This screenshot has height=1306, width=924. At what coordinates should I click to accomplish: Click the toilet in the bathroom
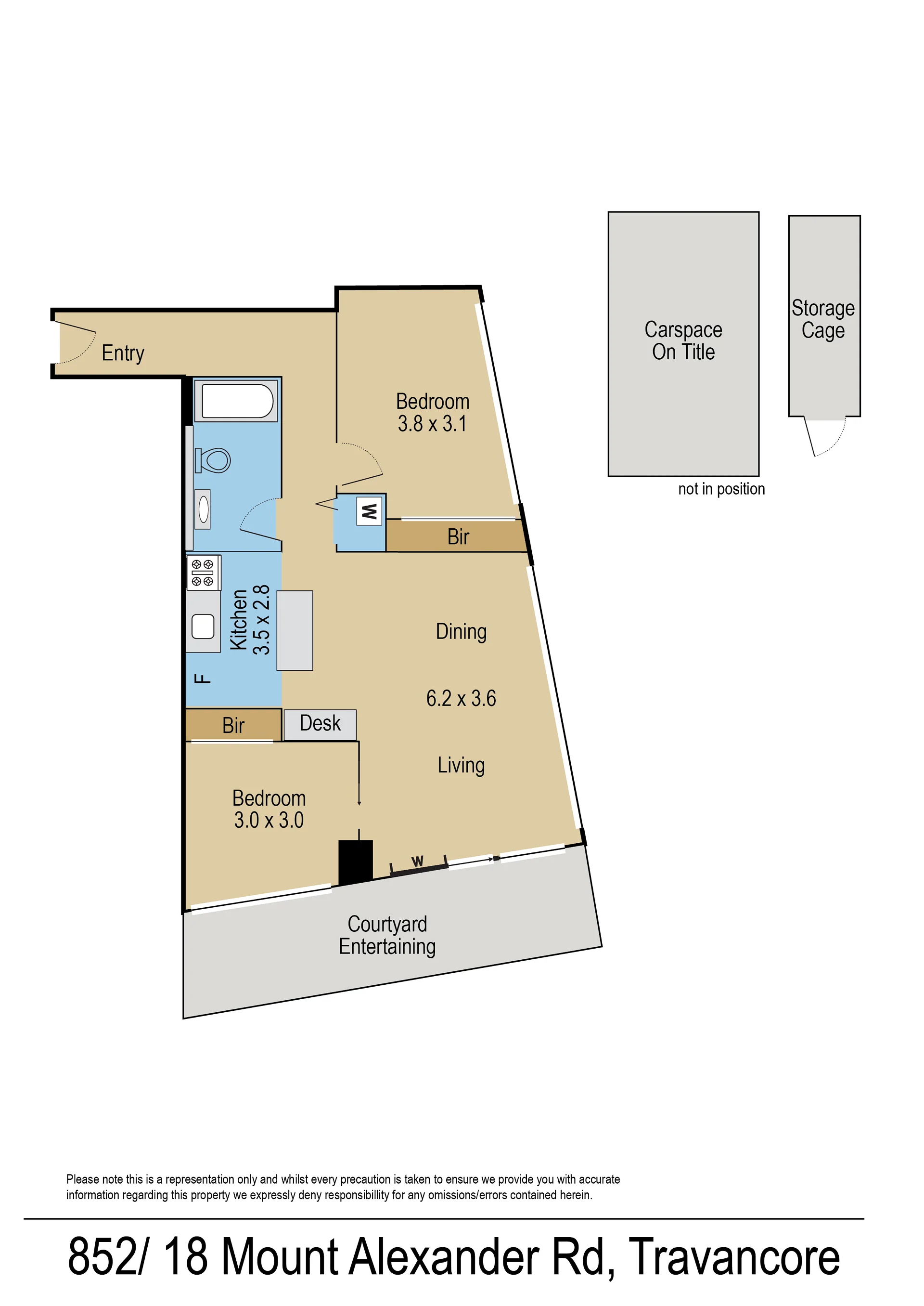point(212,460)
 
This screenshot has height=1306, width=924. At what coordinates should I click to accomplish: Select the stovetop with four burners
point(203,572)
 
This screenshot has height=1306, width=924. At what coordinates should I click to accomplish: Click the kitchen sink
point(203,626)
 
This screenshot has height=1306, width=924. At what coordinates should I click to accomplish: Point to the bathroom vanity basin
point(203,509)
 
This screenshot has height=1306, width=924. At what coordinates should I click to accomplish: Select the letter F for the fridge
point(203,678)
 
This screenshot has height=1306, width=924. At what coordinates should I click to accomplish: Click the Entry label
point(123,353)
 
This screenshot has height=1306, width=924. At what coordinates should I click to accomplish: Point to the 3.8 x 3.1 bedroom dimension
point(433,424)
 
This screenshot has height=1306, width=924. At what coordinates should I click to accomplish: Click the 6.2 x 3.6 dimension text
point(461,699)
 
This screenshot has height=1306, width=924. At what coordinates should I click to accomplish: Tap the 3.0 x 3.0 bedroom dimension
point(269,821)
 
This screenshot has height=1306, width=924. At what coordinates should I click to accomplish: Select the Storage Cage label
point(823,319)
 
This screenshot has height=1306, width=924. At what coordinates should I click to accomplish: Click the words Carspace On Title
point(683,340)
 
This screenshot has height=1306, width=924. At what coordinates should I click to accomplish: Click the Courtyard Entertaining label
point(387,935)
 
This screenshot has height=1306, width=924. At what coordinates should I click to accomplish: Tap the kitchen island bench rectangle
point(295,630)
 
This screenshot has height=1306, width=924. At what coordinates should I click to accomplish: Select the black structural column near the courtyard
point(356,862)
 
